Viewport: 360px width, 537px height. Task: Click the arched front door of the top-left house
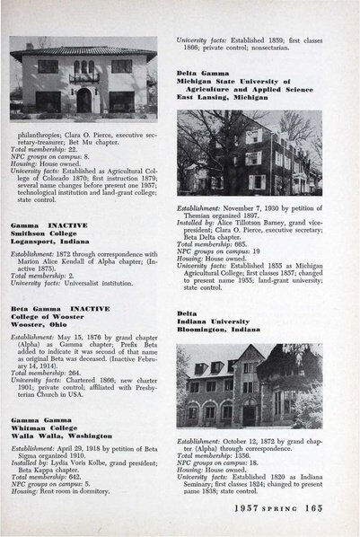tap(83, 99)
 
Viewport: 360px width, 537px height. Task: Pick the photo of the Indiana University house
tap(249, 385)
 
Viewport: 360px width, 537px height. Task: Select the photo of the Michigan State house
tap(249, 152)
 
